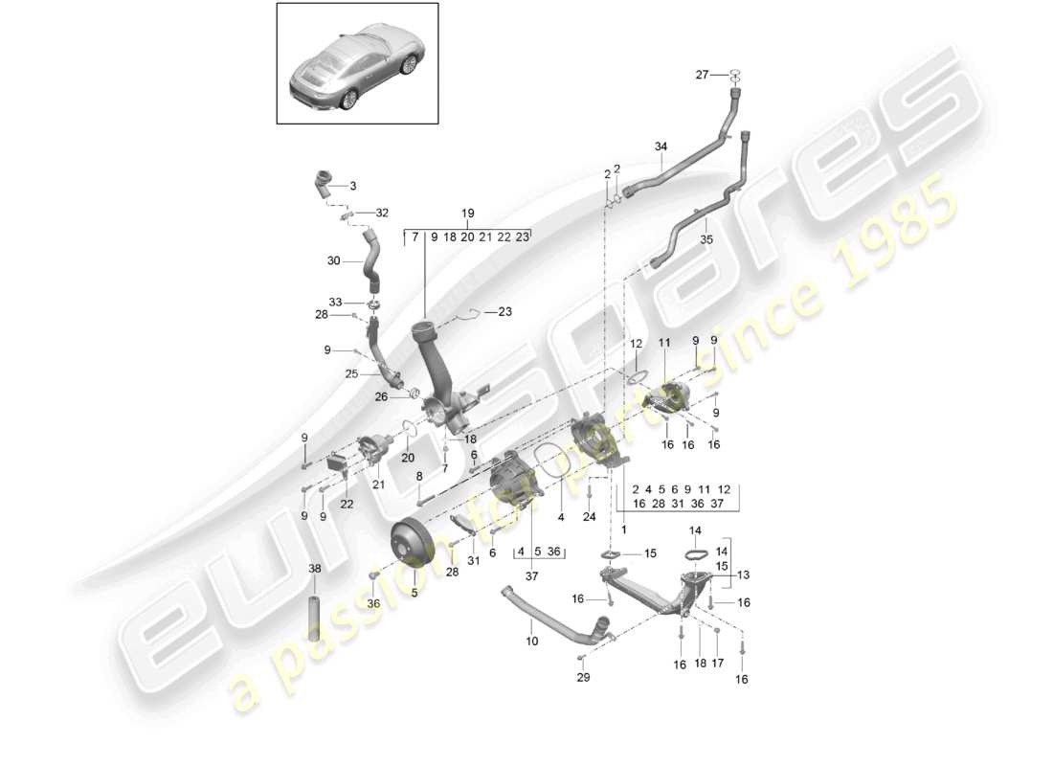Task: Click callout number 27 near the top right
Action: point(702,74)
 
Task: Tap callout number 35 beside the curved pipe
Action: point(707,240)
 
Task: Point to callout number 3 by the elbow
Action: point(351,186)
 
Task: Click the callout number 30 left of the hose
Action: point(333,260)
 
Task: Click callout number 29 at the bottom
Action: point(583,678)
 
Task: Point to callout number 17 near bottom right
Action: point(717,663)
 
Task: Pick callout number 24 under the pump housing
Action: point(589,517)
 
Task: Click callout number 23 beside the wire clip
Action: point(504,311)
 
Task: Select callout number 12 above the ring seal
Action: point(637,344)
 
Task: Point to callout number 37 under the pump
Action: point(531,575)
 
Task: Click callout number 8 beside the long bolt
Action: point(419,476)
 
